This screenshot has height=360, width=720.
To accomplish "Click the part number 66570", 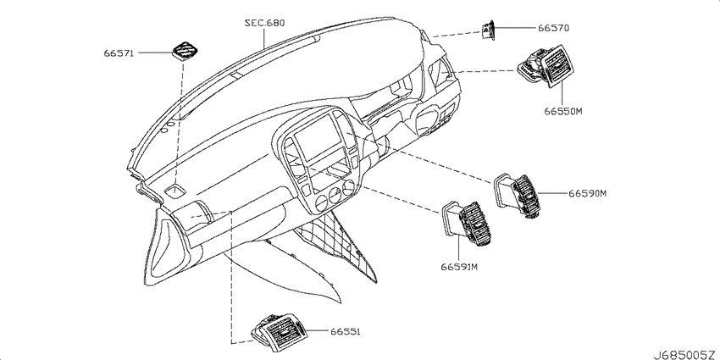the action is pos(553,28).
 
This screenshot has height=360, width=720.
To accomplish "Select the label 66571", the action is pos(119,53).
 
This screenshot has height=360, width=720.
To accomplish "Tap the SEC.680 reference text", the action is pos(264,23).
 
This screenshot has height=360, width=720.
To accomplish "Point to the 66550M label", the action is pos(563,111).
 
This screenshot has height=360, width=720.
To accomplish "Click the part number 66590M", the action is pos(588,194).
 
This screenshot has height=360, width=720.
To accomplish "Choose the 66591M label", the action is pos(460,267).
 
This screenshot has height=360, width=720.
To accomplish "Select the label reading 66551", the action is pos(344,331).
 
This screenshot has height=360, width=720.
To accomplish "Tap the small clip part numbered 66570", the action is pos(487,30).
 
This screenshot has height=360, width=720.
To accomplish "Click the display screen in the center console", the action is pos(314,138).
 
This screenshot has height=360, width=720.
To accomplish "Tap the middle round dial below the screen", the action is pos(336,195).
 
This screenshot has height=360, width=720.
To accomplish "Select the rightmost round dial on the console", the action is pos(350,187).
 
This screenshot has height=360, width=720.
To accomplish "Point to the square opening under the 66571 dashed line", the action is pos(174,191).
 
